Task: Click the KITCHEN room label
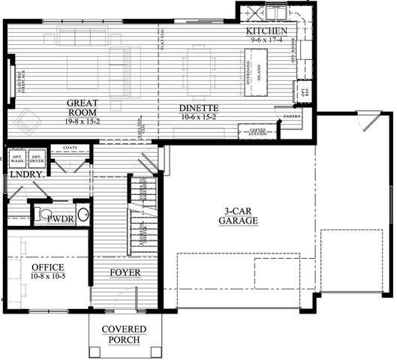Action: pyautogui.click(x=267, y=31)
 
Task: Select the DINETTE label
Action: pyautogui.click(x=199, y=107)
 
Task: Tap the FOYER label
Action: pyautogui.click(x=125, y=271)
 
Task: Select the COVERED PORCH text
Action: pyautogui.click(x=124, y=335)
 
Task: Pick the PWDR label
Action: pyautogui.click(x=59, y=218)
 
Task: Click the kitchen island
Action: pyautogui.click(x=255, y=72)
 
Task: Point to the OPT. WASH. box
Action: pyautogui.click(x=17, y=159)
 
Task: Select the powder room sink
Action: pyautogui.click(x=83, y=217)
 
